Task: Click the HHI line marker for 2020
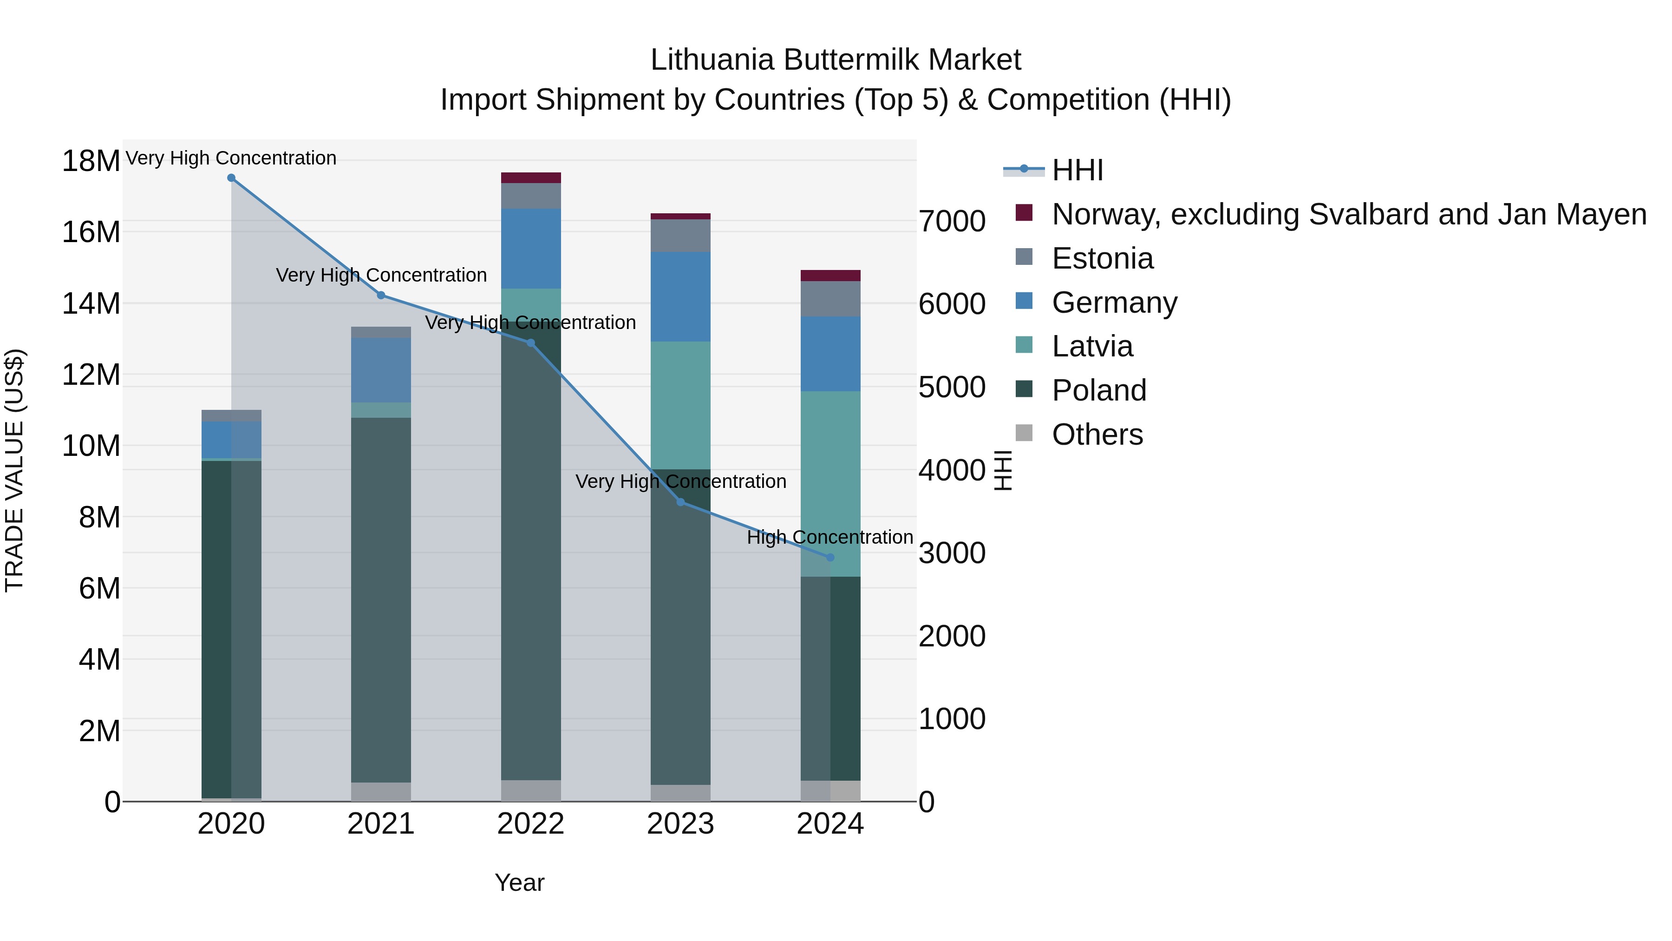click(231, 178)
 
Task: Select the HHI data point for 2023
click(680, 502)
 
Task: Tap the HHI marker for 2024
click(830, 557)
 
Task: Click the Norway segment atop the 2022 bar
click(531, 178)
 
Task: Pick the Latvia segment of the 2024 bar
click(830, 484)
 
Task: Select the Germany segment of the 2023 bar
click(680, 297)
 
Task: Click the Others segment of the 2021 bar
click(381, 792)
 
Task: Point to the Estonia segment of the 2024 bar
click(830, 299)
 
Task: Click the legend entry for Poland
click(1098, 390)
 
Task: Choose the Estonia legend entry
click(1102, 258)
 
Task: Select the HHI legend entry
click(1078, 170)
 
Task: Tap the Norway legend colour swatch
click(1024, 213)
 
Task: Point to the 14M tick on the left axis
click(91, 303)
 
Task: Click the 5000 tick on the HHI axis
click(952, 387)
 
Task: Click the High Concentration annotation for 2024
click(829, 537)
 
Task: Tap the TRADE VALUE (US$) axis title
click(15, 470)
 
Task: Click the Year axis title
click(519, 882)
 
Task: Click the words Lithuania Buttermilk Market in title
click(836, 60)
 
